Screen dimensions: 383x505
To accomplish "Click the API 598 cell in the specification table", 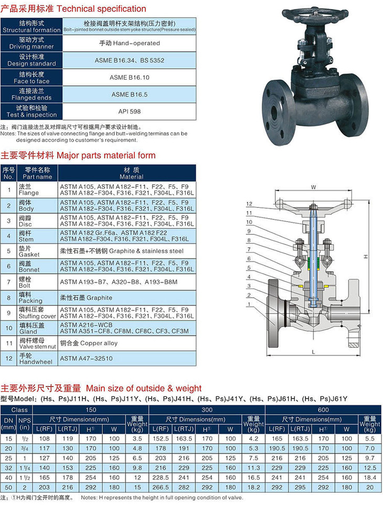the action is pyautogui.click(x=129, y=111).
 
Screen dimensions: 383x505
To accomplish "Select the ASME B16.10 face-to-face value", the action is pyautogui.click(x=129, y=77).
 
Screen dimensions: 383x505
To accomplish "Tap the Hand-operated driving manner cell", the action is pyautogui.click(x=129, y=43).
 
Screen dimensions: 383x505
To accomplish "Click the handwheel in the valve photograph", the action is pyautogui.click(x=315, y=15).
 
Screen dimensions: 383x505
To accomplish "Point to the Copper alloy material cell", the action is pyautogui.click(x=127, y=343).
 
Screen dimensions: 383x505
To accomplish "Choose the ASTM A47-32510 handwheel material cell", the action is pyautogui.click(x=127, y=359).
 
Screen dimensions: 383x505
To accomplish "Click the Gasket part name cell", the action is pyautogui.click(x=37, y=251).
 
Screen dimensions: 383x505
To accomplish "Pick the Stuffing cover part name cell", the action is pyautogui.click(x=37, y=313).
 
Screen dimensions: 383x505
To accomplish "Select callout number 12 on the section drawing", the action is pyautogui.click(x=249, y=204).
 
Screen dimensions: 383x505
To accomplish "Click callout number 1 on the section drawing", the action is pyautogui.click(x=249, y=304).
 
